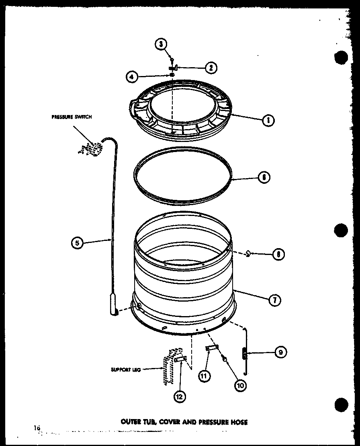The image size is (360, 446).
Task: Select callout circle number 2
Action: pyautogui.click(x=210, y=68)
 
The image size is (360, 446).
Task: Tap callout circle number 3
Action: pyautogui.click(x=162, y=45)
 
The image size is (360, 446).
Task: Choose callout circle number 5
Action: pyautogui.click(x=77, y=243)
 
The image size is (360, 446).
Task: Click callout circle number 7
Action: pyautogui.click(x=274, y=300)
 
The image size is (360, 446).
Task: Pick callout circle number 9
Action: pyautogui.click(x=280, y=353)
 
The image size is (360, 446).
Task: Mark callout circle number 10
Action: pyautogui.click(x=240, y=384)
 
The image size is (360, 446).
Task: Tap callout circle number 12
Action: pyautogui.click(x=180, y=396)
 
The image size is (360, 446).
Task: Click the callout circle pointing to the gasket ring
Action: pyautogui.click(x=264, y=177)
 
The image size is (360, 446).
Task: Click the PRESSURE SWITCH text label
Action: pyautogui.click(x=72, y=117)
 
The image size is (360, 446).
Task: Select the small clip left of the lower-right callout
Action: pyautogui.click(x=248, y=253)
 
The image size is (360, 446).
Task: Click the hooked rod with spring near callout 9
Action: pyautogui.click(x=244, y=352)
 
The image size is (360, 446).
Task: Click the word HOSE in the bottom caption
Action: pyautogui.click(x=239, y=422)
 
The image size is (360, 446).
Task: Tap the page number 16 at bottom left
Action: pyautogui.click(x=37, y=428)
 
